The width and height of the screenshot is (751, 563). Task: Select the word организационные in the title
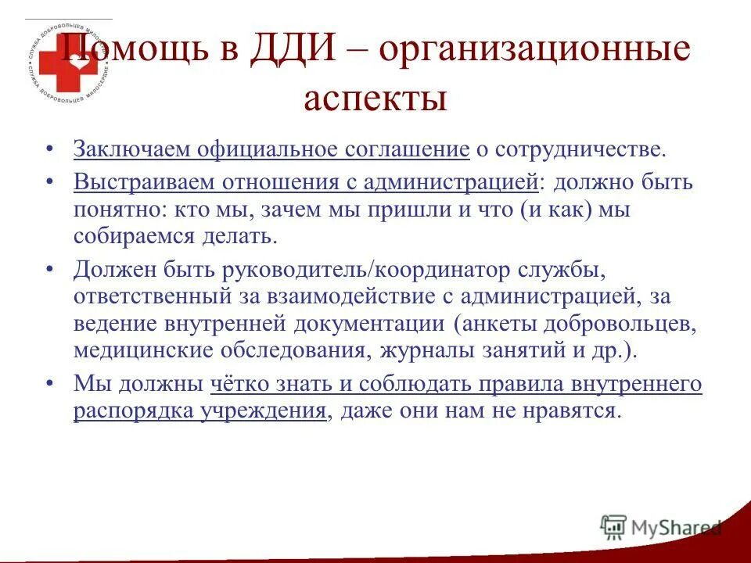535,52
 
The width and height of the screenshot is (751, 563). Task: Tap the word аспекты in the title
375,99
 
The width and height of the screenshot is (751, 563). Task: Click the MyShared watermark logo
662,527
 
